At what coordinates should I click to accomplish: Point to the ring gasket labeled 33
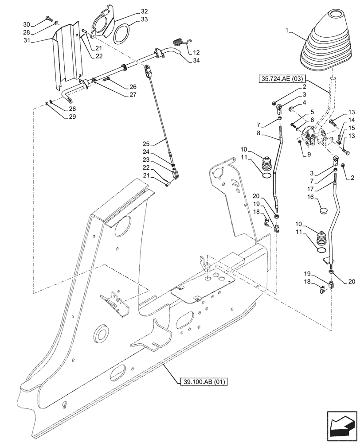(121, 34)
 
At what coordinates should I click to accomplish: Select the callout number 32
(145, 11)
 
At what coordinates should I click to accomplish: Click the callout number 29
(72, 117)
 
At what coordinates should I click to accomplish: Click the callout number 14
(351, 120)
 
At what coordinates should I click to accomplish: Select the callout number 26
(133, 86)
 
